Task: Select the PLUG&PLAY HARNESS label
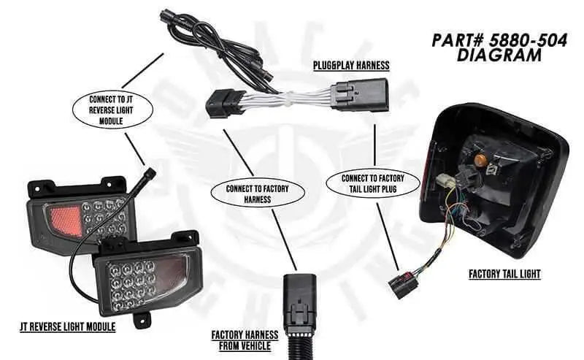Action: click(351, 66)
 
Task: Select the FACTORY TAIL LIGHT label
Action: click(504, 275)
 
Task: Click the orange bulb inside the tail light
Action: click(480, 158)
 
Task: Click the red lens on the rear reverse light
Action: click(64, 217)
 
